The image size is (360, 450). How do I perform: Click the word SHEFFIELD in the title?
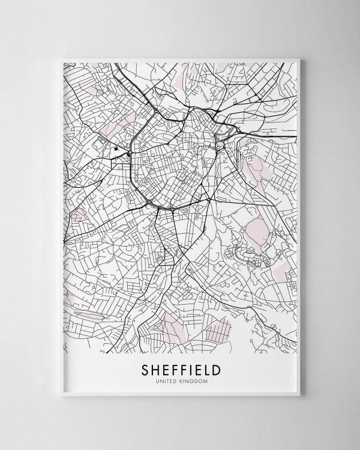pyautogui.click(x=181, y=368)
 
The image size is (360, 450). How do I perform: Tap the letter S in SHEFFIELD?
pyautogui.click(x=145, y=368)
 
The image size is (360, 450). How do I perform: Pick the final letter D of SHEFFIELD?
pyautogui.click(x=215, y=368)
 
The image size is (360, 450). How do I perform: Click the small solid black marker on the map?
pyautogui.click(x=115, y=148)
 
